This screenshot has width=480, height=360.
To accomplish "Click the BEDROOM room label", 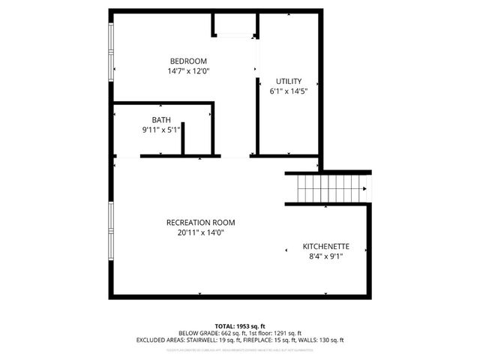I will [x=188, y=61].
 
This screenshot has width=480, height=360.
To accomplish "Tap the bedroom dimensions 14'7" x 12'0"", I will [x=188, y=71].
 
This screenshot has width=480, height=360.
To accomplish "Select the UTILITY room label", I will [x=288, y=81].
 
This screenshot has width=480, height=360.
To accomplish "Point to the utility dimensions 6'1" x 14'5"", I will [x=288, y=91].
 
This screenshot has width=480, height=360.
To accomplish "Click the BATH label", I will [x=160, y=119].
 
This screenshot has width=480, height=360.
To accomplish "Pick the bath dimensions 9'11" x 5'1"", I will [x=160, y=130].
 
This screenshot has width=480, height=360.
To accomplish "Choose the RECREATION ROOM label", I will [x=200, y=222].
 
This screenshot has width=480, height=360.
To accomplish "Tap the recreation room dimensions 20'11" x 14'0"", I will [x=200, y=232].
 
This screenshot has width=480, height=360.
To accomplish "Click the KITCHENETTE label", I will [x=325, y=246].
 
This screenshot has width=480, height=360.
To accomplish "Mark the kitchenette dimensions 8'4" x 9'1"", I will [x=325, y=256].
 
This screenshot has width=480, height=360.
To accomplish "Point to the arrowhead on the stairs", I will [x=364, y=189].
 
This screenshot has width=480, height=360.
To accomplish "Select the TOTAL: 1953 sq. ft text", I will [x=239, y=326].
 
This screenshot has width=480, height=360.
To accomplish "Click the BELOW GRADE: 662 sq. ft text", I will [x=207, y=333].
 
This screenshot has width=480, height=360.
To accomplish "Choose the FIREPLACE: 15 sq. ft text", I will [x=273, y=340].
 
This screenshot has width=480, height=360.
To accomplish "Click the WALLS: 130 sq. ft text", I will [x=323, y=340].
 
